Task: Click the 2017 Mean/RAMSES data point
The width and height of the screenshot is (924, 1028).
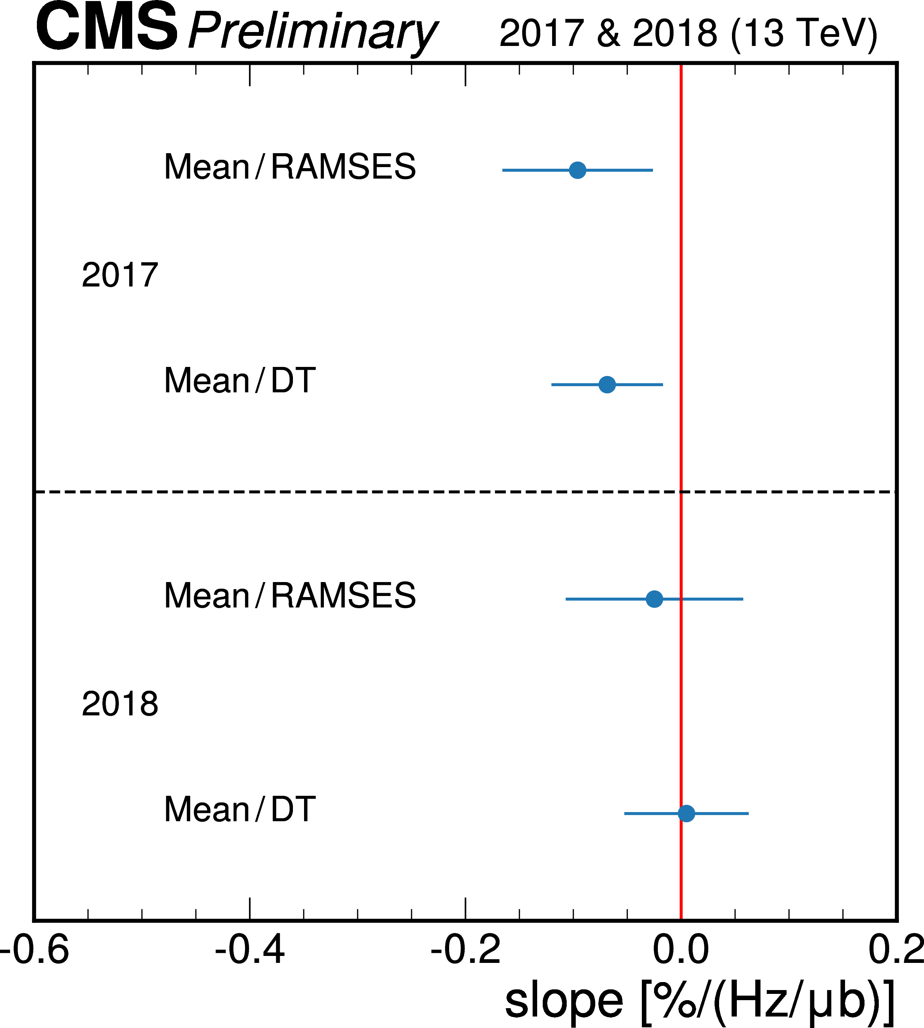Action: [577, 170]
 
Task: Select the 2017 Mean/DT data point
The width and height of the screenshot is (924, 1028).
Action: [607, 384]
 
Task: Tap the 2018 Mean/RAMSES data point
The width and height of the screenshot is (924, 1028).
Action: [654, 599]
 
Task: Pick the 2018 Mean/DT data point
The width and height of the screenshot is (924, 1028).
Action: [686, 813]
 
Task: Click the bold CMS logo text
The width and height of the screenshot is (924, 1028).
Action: [106, 28]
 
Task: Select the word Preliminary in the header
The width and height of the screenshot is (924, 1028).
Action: [312, 31]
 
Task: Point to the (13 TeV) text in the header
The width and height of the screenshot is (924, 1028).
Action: [804, 33]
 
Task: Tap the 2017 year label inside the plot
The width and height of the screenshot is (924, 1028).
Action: [120, 275]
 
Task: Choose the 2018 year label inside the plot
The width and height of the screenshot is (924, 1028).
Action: [120, 705]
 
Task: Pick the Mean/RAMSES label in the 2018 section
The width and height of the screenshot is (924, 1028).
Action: [290, 595]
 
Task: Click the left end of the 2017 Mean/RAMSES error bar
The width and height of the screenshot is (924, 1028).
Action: [503, 170]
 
